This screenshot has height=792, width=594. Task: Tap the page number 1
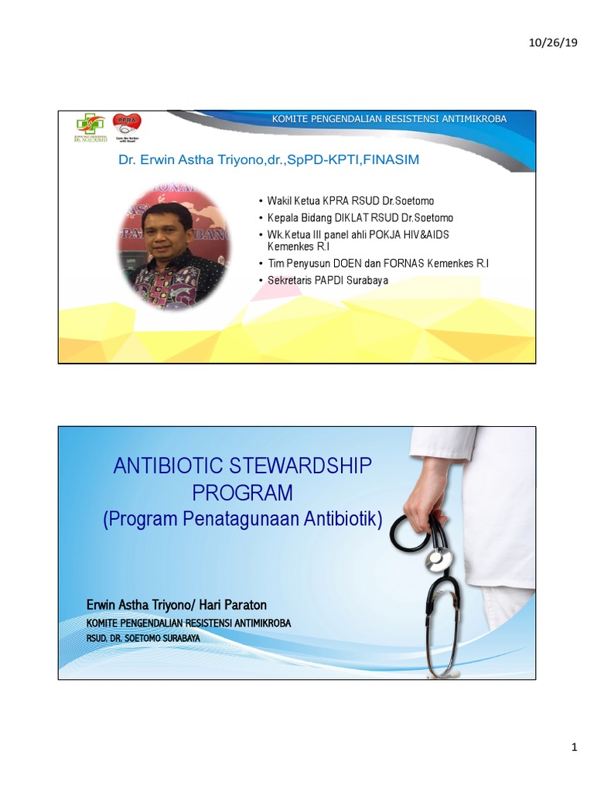(x=574, y=747)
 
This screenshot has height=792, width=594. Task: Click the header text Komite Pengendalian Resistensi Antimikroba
(x=389, y=118)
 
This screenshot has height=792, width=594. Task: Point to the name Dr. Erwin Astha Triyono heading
(x=268, y=160)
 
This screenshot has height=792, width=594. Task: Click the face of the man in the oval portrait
(x=167, y=231)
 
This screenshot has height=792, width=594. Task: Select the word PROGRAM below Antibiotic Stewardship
(x=243, y=492)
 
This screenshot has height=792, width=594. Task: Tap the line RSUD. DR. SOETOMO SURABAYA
(x=143, y=638)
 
